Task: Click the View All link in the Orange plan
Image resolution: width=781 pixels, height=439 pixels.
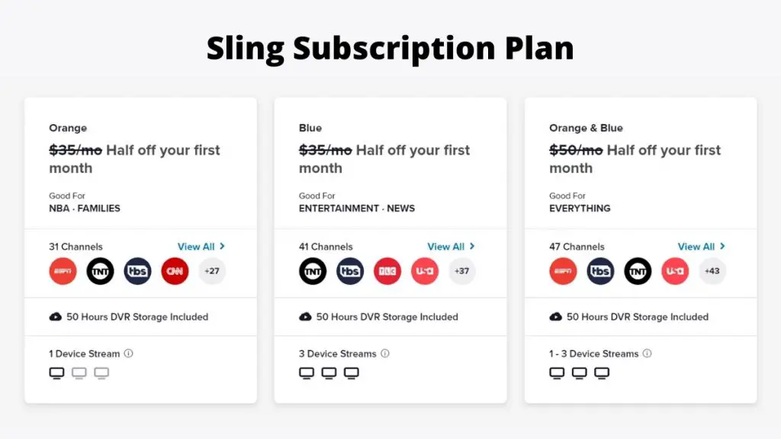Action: pyautogui.click(x=201, y=246)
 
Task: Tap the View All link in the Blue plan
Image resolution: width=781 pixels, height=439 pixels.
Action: pyautogui.click(x=452, y=246)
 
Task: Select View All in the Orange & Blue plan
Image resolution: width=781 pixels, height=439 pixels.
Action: pyautogui.click(x=702, y=246)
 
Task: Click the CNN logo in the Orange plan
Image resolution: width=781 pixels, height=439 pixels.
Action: pyautogui.click(x=175, y=271)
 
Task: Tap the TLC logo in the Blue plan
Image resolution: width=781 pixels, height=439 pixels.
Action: pyautogui.click(x=387, y=271)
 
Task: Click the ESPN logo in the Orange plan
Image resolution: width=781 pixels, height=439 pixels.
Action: pyautogui.click(x=63, y=271)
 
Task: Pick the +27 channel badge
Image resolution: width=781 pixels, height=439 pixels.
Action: pyautogui.click(x=212, y=271)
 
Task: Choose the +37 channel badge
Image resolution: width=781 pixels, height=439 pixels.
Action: pyautogui.click(x=461, y=271)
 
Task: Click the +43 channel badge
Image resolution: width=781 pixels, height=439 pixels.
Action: pyautogui.click(x=712, y=271)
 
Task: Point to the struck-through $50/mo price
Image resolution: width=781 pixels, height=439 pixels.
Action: pyautogui.click(x=576, y=150)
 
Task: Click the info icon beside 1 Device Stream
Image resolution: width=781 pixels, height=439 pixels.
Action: pyautogui.click(x=128, y=354)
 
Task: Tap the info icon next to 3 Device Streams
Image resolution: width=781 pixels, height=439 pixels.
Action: pyautogui.click(x=385, y=354)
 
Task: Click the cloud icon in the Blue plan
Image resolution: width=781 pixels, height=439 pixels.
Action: pyautogui.click(x=305, y=316)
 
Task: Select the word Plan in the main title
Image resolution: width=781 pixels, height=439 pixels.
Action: pyautogui.click(x=539, y=48)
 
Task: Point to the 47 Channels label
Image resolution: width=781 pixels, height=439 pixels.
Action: pyautogui.click(x=577, y=246)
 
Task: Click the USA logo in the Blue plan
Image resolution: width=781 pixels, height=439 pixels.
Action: pyautogui.click(x=424, y=271)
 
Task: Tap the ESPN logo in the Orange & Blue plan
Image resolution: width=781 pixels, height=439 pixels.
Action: pyautogui.click(x=563, y=271)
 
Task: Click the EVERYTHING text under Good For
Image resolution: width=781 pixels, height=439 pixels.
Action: pyautogui.click(x=580, y=208)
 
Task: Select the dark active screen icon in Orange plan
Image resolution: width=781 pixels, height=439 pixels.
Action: pyautogui.click(x=56, y=373)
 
